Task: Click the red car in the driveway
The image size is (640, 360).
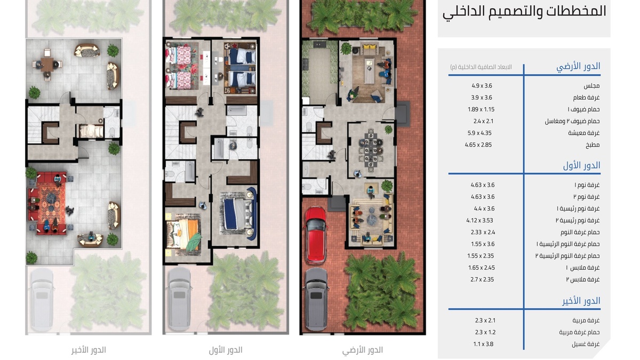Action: (316, 235)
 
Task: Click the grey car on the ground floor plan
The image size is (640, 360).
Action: (316, 299)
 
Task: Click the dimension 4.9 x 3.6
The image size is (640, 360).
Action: (482, 86)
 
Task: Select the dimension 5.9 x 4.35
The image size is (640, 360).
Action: (479, 133)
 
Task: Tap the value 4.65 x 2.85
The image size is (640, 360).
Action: (478, 145)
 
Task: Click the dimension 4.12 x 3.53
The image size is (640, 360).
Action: (479, 221)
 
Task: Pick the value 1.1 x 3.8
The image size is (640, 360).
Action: (483, 345)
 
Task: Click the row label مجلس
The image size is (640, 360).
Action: (591, 86)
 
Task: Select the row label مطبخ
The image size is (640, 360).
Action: (593, 145)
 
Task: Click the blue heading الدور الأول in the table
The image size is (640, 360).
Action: (582, 166)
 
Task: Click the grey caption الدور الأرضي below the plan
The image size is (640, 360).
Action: (363, 350)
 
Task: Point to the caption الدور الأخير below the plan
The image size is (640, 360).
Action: (89, 350)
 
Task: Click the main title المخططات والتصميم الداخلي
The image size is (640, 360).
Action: (524, 12)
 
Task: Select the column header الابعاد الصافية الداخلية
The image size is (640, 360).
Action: (481, 67)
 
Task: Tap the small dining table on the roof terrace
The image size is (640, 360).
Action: (47, 64)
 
